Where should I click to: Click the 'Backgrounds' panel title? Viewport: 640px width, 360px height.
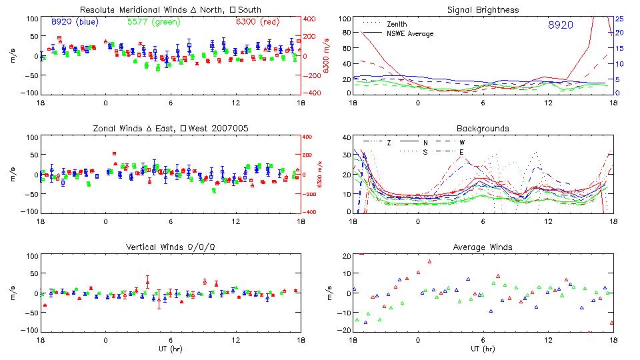point(483,128)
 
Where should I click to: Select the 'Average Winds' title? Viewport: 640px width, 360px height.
point(483,247)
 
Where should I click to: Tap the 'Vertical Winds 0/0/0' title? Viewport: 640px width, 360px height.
point(171,247)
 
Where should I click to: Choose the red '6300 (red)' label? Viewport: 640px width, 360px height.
point(257,22)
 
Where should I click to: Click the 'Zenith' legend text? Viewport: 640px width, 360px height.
point(397,24)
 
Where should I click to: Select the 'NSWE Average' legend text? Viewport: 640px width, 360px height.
point(410,33)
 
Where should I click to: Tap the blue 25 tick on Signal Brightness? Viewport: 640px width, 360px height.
point(619,19)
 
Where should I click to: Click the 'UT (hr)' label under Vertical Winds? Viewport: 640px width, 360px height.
point(171,349)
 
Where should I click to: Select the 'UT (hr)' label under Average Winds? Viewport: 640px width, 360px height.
point(483,349)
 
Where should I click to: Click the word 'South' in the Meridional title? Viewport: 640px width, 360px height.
point(248,10)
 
